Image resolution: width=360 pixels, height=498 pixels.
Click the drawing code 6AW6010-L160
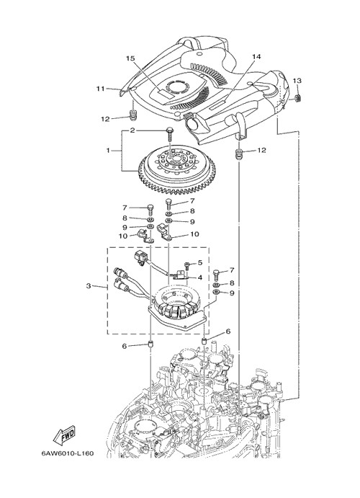[x=68, y=453]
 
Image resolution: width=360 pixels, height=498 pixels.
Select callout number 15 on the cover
[x=130, y=58]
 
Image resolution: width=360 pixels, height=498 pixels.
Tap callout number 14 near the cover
[x=256, y=56]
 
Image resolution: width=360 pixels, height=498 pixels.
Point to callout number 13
[x=297, y=81]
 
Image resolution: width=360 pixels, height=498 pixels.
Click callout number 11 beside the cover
[x=101, y=89]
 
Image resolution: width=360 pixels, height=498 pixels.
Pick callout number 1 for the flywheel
[x=108, y=150]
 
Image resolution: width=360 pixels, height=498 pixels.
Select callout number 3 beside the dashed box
[x=89, y=286]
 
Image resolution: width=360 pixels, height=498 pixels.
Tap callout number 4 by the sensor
[x=200, y=277]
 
